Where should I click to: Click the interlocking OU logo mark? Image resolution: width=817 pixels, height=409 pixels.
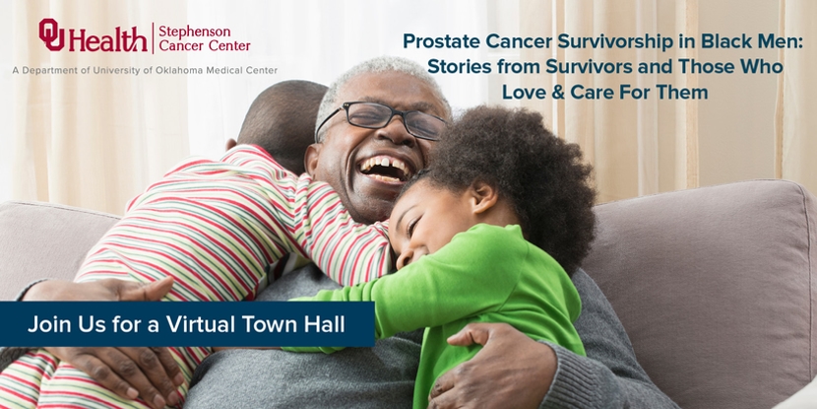pyautogui.click(x=51, y=34)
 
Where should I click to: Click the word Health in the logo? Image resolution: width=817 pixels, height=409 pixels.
pyautogui.click(x=108, y=38)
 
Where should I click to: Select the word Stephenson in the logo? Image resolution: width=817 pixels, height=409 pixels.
pyautogui.click(x=194, y=31)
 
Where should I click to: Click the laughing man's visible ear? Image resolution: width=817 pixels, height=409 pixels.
pyautogui.click(x=314, y=161)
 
